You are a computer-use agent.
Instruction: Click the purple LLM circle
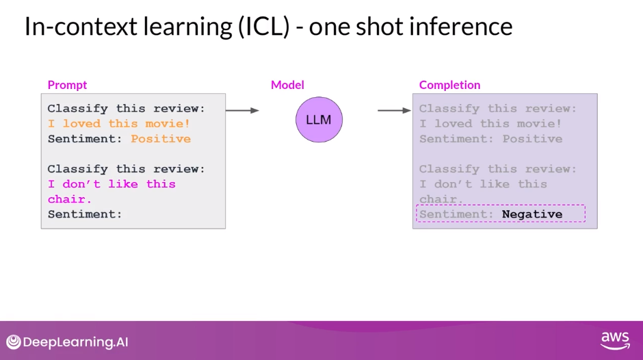point(319,120)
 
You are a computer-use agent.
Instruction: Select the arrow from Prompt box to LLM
point(242,110)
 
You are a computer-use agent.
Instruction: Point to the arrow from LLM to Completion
point(394,110)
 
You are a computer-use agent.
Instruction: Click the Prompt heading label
point(67,85)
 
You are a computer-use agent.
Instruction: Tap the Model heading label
point(287,85)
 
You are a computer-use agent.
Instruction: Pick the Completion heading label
point(449,85)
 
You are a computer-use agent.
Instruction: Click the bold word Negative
point(532,214)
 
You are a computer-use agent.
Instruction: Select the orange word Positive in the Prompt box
point(161,139)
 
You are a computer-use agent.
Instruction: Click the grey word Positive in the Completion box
point(532,139)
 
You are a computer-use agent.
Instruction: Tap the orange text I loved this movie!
point(119,124)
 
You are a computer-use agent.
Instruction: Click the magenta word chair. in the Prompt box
point(70,199)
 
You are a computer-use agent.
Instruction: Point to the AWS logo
point(614,340)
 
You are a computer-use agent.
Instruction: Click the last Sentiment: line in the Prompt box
point(85,214)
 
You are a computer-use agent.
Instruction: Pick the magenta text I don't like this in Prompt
point(111,184)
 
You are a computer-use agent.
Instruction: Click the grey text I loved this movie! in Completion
point(490,124)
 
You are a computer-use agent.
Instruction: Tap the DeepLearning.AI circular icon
point(14,342)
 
